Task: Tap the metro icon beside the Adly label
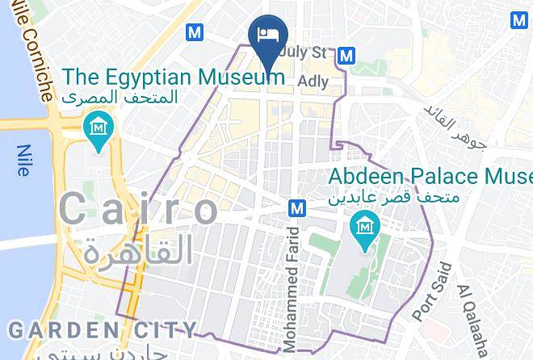click(346, 55)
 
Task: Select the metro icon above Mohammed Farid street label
click(296, 207)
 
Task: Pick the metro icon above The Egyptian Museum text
click(194, 32)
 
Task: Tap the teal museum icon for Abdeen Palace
click(363, 226)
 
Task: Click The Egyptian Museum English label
click(174, 77)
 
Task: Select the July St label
click(305, 53)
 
